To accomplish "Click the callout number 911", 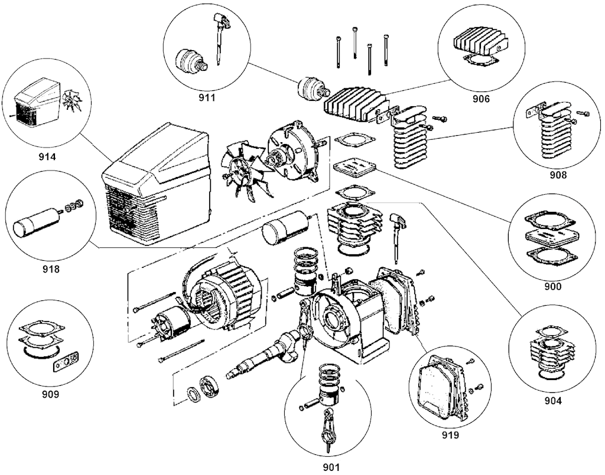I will tap(207, 98).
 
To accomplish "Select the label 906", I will tap(481, 99).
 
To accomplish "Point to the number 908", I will tap(557, 175).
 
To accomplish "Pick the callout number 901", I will tap(331, 467).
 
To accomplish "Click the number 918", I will tap(51, 270).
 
